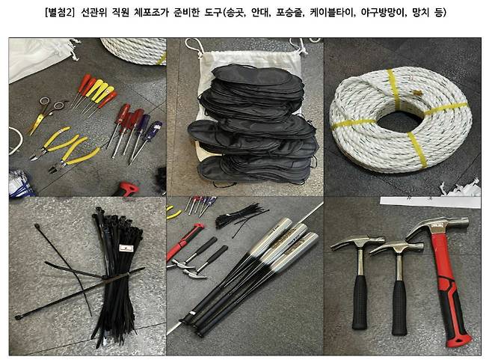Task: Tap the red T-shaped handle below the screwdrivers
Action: [x=126, y=189]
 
